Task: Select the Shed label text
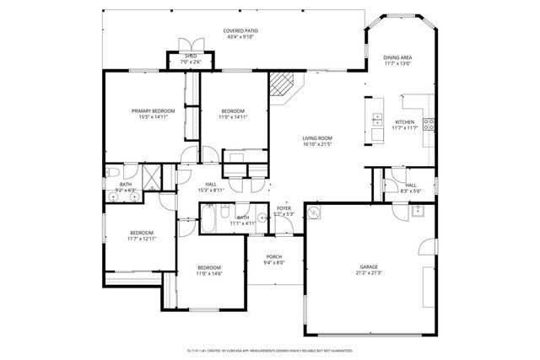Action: click(x=191, y=56)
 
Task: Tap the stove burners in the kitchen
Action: click(x=429, y=126)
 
